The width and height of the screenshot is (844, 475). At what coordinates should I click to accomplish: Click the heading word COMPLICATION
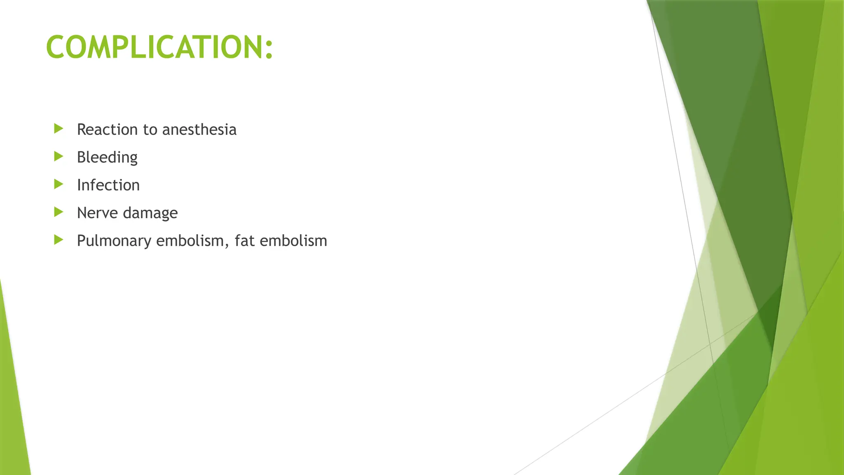point(155,47)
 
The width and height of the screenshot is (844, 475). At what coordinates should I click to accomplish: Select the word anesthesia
point(199,129)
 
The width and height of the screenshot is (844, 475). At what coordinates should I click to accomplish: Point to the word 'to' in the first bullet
point(150,130)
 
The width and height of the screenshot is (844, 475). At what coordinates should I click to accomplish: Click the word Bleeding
point(107,158)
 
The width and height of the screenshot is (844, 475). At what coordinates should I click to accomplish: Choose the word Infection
point(108,185)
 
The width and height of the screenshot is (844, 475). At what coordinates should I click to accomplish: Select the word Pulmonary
point(114,241)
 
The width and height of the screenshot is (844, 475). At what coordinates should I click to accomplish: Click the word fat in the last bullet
point(245,241)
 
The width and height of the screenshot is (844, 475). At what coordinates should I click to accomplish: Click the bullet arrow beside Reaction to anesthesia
point(59,129)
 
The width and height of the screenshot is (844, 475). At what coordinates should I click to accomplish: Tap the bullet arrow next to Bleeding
point(59,156)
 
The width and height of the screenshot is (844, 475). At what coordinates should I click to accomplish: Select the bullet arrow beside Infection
point(59,184)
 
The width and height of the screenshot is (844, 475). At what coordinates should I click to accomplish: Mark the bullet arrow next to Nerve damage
point(59,212)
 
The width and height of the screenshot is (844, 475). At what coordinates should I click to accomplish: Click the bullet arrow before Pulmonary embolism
point(59,240)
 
